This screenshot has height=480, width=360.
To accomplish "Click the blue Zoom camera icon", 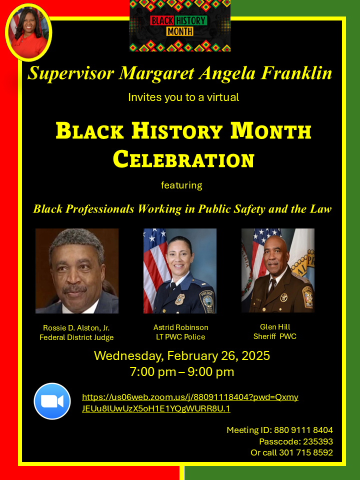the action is click(52, 401).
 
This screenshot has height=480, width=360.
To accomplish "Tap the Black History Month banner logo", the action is click(180, 25).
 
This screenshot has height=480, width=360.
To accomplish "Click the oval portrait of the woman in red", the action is click(28, 32).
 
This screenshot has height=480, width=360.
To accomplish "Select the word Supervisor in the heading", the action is click(70, 73).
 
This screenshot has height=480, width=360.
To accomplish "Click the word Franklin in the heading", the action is click(296, 73).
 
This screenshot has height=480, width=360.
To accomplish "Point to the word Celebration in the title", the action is click(183, 159).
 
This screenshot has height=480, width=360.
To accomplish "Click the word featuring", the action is click(181, 185).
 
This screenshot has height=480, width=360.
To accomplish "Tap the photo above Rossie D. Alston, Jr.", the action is click(77, 271).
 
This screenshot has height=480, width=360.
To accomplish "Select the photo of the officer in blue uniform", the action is click(180, 271).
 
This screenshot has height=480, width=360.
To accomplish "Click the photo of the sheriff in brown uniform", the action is click(278, 270).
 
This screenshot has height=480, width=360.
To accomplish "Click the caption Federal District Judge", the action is click(76, 337).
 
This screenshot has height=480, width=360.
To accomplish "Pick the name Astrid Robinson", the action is click(181, 327).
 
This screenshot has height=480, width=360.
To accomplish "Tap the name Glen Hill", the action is click(275, 326).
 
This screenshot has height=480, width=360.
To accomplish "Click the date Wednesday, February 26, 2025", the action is click(182, 355).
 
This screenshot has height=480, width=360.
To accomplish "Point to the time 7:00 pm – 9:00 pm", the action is click(182, 371).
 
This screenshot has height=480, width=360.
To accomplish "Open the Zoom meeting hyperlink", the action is click(190, 403).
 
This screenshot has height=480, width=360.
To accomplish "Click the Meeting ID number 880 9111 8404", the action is click(303, 430).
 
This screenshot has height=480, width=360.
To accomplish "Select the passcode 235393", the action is click(318, 441).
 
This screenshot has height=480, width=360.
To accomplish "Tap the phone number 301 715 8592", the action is click(306, 452).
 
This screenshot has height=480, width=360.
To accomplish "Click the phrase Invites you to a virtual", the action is click(183, 97).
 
